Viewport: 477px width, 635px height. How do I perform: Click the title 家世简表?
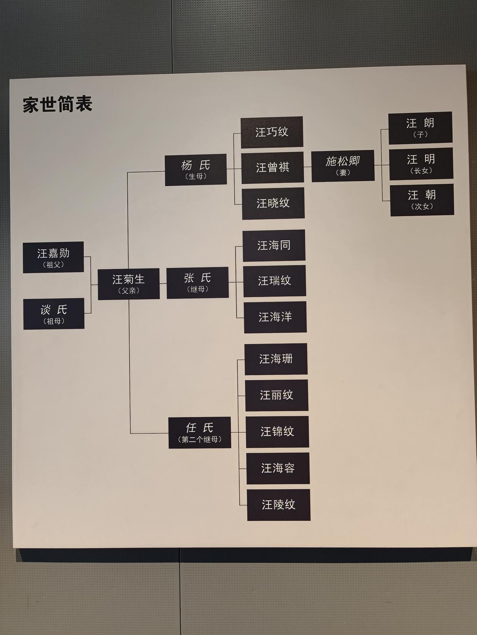(x=57, y=105)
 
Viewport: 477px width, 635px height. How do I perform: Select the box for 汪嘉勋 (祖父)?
(x=53, y=258)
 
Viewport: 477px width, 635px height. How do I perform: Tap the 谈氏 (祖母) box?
(x=54, y=314)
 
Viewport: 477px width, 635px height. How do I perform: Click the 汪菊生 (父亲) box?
(x=129, y=284)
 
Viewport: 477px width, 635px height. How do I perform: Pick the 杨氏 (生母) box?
(x=196, y=169)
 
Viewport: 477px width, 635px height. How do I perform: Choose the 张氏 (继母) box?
(x=198, y=283)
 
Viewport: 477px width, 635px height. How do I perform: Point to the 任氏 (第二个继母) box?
(x=200, y=433)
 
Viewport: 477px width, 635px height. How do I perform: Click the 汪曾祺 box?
(x=272, y=167)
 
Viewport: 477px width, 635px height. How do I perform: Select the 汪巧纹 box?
(x=272, y=132)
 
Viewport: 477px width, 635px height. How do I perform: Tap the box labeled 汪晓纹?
(x=273, y=203)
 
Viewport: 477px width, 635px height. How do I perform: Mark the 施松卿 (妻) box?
(x=343, y=166)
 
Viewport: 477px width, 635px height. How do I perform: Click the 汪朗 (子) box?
(x=420, y=128)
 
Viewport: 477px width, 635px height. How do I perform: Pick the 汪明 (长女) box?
(x=421, y=164)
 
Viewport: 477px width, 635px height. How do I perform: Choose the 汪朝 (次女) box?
(x=422, y=200)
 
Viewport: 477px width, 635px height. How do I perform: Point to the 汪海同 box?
(x=274, y=245)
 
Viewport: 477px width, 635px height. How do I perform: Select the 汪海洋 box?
(x=275, y=317)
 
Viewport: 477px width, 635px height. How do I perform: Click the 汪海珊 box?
(x=276, y=359)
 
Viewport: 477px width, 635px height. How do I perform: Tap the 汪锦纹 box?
(x=277, y=432)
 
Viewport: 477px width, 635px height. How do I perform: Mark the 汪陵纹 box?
(x=279, y=505)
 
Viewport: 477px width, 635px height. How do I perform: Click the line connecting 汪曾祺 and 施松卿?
(x=307, y=167)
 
